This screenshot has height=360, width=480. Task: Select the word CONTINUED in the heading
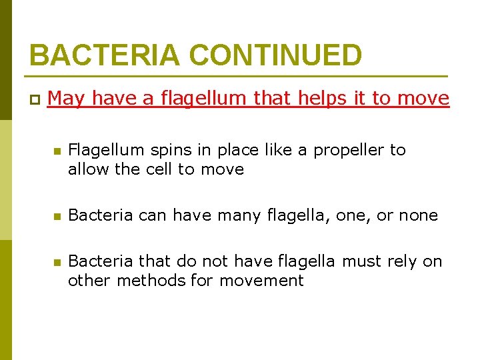271,55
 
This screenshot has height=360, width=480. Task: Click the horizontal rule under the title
238,75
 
